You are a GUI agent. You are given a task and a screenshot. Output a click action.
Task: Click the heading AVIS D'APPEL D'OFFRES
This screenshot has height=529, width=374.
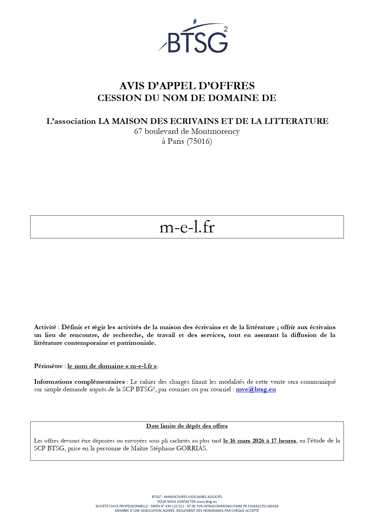click(x=187, y=86)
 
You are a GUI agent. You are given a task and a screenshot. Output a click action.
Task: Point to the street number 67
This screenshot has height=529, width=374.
click(x=138, y=131)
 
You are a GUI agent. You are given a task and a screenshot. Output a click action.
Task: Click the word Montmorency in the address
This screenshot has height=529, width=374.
click(x=215, y=131)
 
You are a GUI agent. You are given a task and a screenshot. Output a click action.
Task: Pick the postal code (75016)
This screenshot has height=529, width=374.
click(x=199, y=141)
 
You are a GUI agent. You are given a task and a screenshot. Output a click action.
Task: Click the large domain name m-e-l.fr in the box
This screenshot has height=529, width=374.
click(x=187, y=227)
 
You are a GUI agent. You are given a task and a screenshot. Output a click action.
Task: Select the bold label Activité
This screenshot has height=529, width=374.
click(x=45, y=327)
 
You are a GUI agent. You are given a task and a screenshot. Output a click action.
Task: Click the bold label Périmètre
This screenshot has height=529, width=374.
click(x=48, y=366)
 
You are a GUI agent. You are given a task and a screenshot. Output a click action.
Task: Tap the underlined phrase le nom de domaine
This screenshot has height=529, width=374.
click(x=96, y=366)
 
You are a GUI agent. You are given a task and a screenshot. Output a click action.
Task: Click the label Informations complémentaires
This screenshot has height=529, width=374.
click(x=79, y=382)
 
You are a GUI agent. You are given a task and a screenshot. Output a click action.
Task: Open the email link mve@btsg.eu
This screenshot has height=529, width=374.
click(x=256, y=389)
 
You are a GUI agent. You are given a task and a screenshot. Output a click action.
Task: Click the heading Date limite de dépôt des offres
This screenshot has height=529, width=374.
click(x=187, y=426)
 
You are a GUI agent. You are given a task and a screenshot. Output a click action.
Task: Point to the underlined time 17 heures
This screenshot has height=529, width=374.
click(x=283, y=441)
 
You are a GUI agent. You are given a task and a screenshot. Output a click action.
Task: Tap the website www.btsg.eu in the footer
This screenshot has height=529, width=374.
click(x=207, y=502)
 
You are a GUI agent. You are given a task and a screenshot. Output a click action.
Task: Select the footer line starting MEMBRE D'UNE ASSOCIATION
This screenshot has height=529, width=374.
click(x=187, y=511)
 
